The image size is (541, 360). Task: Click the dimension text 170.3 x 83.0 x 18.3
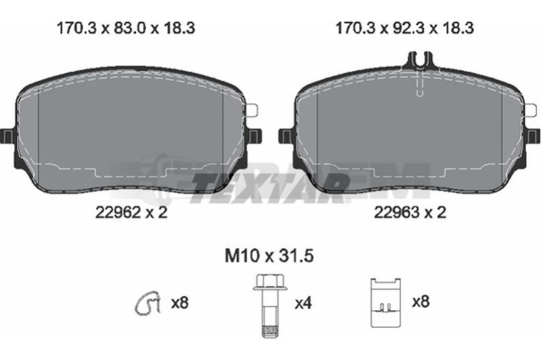[x=126, y=28]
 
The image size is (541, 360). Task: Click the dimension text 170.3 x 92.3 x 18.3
[x=404, y=28]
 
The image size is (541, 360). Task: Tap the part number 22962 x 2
[x=131, y=212]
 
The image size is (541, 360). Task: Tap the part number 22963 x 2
[x=410, y=212]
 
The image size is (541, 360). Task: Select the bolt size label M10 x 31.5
[x=269, y=256]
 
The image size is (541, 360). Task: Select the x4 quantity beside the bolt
[x=303, y=303]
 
